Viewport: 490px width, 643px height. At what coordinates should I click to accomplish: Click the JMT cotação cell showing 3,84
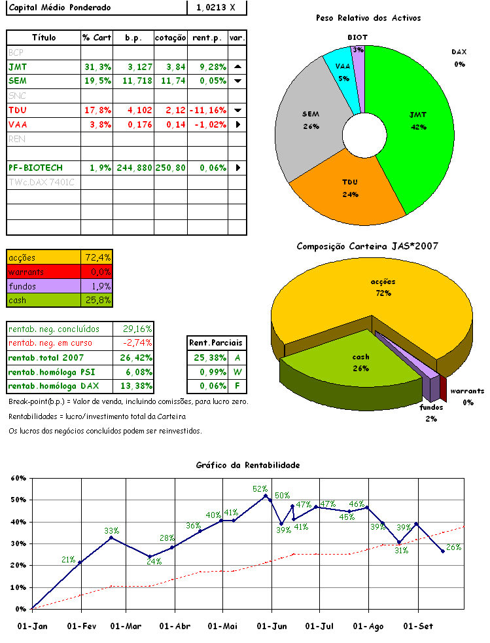[x=171, y=67]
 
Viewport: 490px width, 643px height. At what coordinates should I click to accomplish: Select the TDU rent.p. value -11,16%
[x=208, y=110]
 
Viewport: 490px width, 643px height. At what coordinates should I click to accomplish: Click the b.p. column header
[x=133, y=38]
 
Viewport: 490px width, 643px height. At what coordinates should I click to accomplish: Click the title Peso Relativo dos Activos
[x=368, y=18]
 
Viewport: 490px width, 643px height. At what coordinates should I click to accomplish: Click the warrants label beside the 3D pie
[x=467, y=391]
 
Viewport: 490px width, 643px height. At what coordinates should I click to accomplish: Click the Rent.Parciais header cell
[x=215, y=342]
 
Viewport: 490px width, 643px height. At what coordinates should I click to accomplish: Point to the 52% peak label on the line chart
[x=260, y=488]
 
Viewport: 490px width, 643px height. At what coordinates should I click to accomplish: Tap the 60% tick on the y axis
[x=18, y=478]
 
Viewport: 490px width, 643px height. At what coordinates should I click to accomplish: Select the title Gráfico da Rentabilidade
[x=248, y=465]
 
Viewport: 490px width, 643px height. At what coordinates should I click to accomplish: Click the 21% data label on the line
[x=69, y=559]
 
